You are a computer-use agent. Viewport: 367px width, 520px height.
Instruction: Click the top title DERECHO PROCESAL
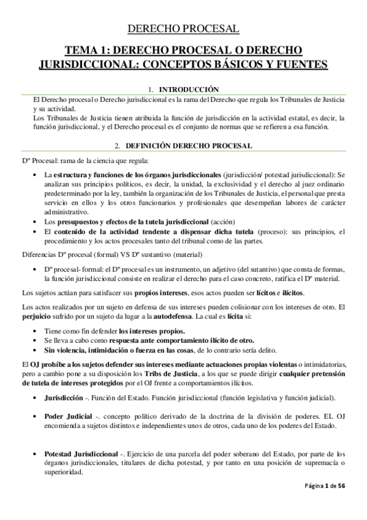(x=183, y=28)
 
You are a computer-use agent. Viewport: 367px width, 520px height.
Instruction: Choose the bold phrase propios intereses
(x=156, y=292)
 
